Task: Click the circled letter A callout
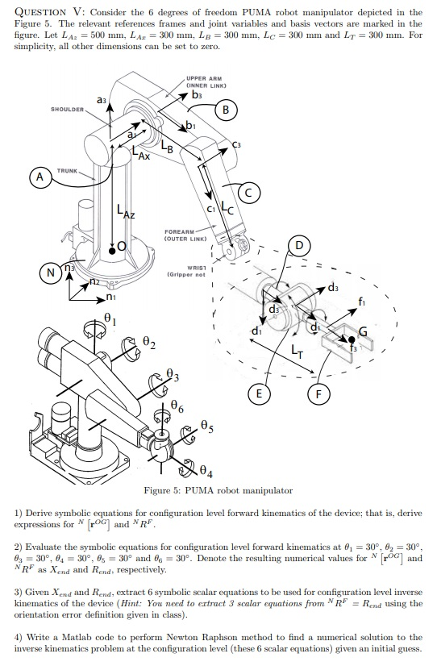click(x=40, y=177)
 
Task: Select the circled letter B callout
click(x=226, y=110)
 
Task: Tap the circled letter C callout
click(x=249, y=193)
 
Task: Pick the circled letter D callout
click(x=299, y=245)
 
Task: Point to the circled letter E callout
click(x=259, y=393)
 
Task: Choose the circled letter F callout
click(x=318, y=393)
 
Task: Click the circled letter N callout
click(x=51, y=273)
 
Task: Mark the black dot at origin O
click(x=112, y=251)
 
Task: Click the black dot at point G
click(x=352, y=339)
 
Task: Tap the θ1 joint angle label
click(x=110, y=318)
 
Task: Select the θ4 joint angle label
click(x=206, y=471)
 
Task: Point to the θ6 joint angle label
click(x=177, y=406)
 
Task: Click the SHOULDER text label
click(x=68, y=109)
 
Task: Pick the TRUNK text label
click(x=68, y=171)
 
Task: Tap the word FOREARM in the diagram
click(x=179, y=231)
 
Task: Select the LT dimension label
click(x=297, y=351)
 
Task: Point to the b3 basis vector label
click(x=197, y=94)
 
